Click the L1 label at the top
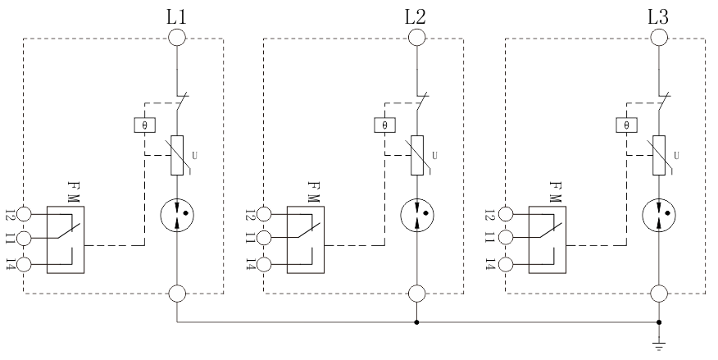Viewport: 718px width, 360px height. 177,15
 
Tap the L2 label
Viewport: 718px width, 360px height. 417,15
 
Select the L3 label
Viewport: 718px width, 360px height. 657,15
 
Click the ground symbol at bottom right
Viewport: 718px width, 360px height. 658,344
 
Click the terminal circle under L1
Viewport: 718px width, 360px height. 177,37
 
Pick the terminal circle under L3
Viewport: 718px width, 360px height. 658,37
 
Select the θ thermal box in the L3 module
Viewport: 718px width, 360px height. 625,125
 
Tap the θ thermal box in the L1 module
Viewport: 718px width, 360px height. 144,125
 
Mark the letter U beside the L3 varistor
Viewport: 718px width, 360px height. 675,154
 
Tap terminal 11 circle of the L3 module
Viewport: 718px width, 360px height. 507,239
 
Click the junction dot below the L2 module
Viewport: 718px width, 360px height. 417,322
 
